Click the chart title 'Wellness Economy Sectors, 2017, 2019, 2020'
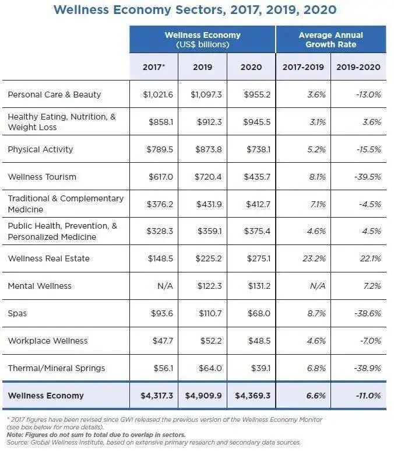[194, 10]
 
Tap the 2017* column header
[154, 67]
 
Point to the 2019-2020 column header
[358, 67]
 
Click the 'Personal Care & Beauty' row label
[54, 95]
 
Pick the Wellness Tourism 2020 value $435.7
[252, 177]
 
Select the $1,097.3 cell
[203, 95]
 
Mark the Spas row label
[17, 313]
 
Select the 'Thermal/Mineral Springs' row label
[57, 368]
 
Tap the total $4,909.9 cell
[203, 396]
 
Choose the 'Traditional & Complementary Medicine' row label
[65, 204]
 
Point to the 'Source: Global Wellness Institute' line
[153, 443]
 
